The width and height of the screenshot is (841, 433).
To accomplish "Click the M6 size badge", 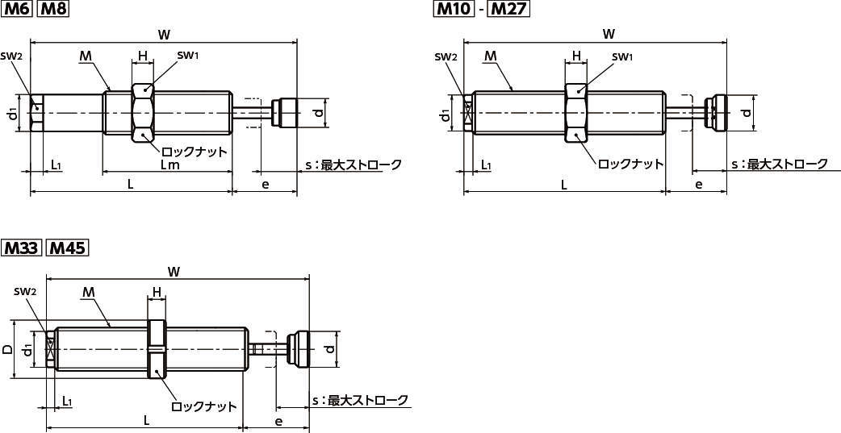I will pyautogui.click(x=17, y=10).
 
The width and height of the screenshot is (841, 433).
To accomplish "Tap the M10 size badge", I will pyautogui.click(x=454, y=10).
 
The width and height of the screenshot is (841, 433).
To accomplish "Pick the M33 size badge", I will pyautogui.click(x=22, y=248).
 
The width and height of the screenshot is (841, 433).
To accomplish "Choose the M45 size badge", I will pyautogui.click(x=67, y=248).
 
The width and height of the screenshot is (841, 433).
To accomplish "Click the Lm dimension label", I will pyautogui.click(x=169, y=165).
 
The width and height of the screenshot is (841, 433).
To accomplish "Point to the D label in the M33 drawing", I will pyautogui.click(x=7, y=350).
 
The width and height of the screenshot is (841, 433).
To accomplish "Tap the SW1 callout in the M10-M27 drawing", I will pyautogui.click(x=622, y=56).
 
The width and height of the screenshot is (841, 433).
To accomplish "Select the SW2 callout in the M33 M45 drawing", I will pyautogui.click(x=24, y=291).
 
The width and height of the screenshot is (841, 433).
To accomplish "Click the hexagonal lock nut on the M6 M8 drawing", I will pyautogui.click(x=142, y=114).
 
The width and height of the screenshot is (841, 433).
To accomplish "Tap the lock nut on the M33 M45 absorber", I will pyautogui.click(x=157, y=350).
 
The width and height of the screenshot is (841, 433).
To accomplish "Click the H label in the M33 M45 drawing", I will pyautogui.click(x=157, y=292).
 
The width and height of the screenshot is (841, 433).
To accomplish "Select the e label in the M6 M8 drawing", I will pyautogui.click(x=265, y=185).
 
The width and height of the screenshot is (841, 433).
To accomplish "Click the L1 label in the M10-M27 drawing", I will pyautogui.click(x=486, y=164).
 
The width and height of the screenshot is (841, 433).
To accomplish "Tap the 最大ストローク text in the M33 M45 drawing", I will pyautogui.click(x=369, y=401).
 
